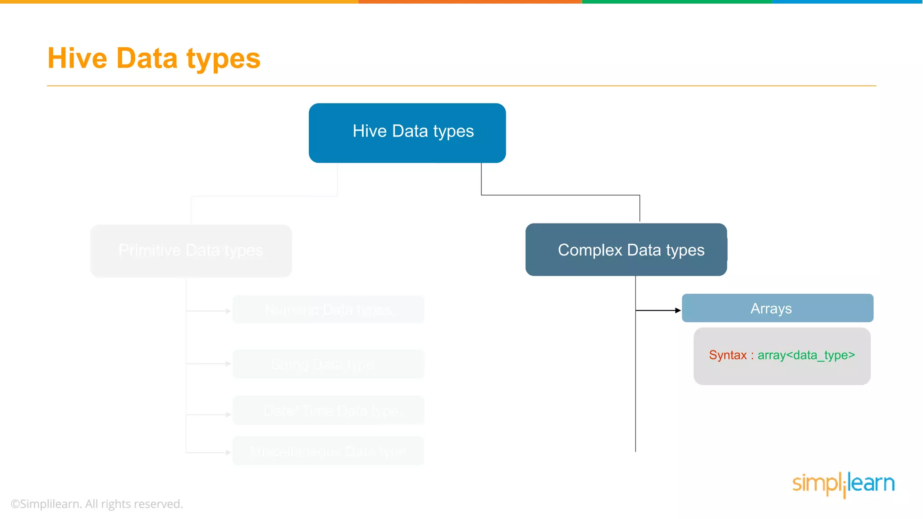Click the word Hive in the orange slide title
point(77,58)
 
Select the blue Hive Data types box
point(407,133)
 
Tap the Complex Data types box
point(626,250)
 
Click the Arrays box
point(777,308)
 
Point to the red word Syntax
point(727,355)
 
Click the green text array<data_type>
point(806,355)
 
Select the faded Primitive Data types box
point(191,250)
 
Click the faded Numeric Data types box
point(328,310)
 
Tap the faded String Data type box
point(328,364)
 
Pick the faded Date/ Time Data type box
point(328,410)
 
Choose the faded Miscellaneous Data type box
point(328,451)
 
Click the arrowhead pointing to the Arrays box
point(678,310)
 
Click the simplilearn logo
point(843,484)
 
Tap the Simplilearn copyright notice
point(97,504)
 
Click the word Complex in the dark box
point(589,250)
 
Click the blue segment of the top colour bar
point(847,2)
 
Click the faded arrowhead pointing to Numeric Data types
point(228,311)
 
